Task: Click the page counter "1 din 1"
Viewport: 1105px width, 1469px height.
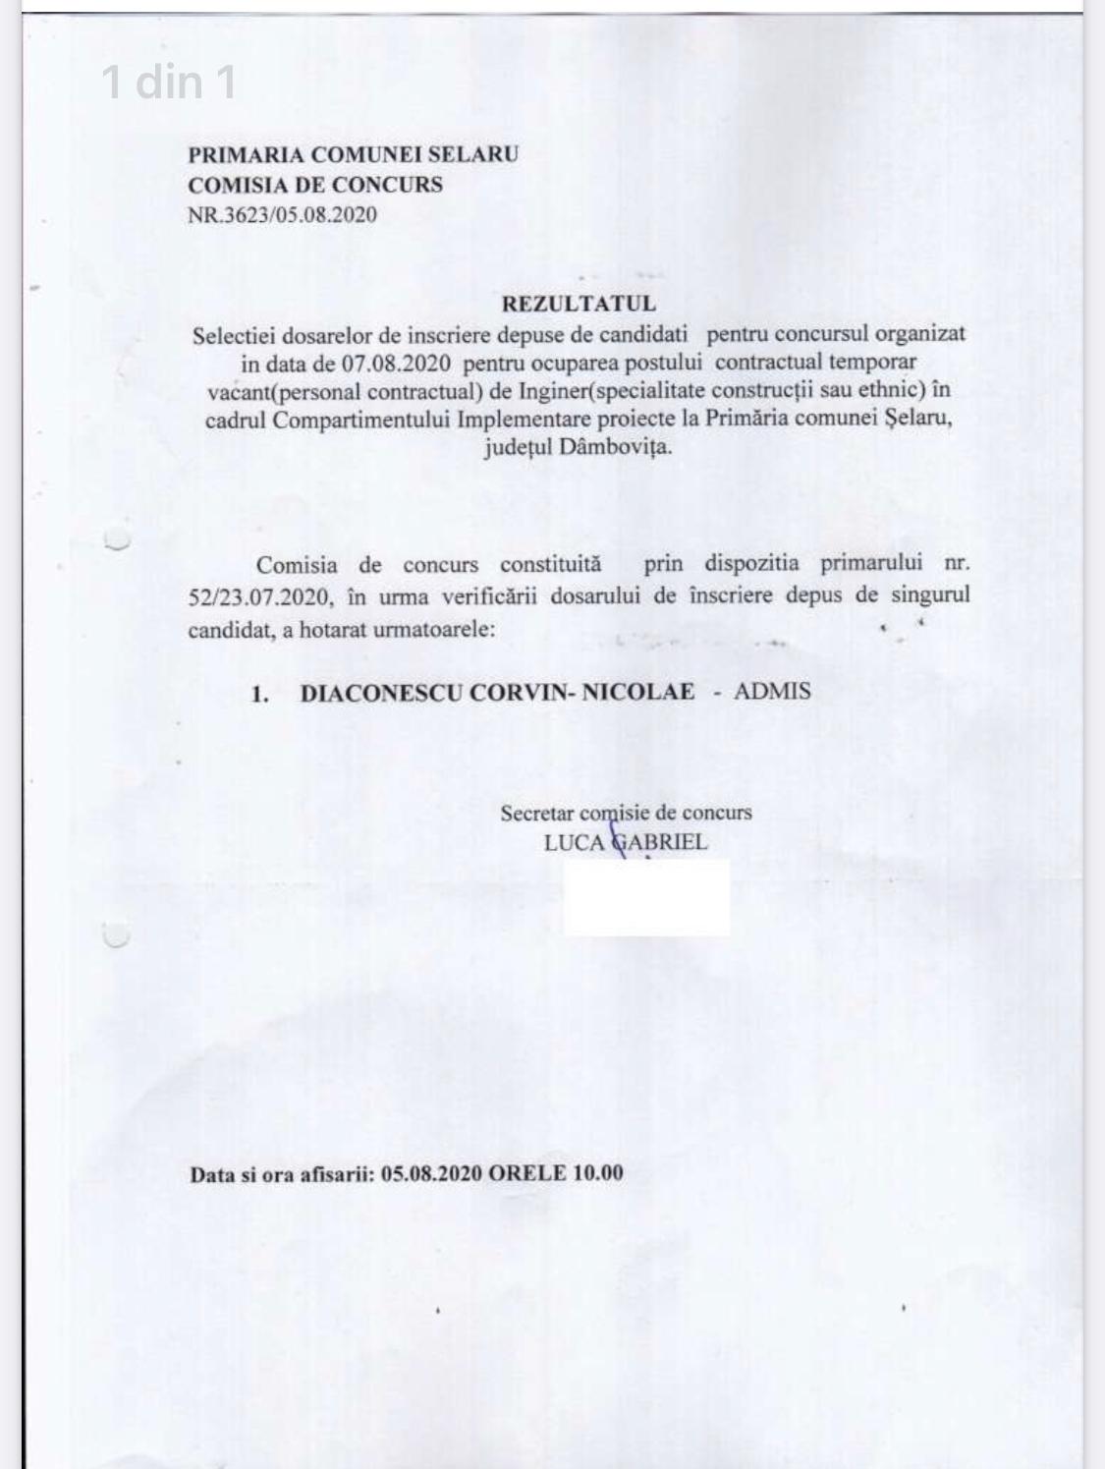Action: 169,82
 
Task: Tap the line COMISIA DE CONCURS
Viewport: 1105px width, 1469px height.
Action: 315,185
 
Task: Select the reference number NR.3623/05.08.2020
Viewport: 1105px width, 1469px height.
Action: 282,215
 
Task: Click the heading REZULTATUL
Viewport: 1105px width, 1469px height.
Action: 579,305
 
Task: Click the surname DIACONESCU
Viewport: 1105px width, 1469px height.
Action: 381,692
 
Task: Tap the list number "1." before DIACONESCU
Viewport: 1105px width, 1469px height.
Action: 259,694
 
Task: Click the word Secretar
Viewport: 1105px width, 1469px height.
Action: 537,814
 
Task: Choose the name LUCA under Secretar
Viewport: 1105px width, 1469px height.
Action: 574,843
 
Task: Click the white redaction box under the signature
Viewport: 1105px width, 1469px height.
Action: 646,897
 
